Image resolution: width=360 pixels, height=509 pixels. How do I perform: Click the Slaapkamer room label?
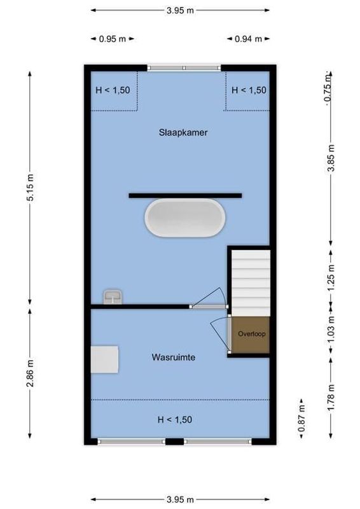click(183, 133)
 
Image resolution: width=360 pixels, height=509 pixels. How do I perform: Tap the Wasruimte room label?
click(173, 358)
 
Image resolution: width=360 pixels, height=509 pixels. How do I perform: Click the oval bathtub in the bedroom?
click(185, 218)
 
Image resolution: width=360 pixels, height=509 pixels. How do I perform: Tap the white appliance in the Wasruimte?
click(104, 360)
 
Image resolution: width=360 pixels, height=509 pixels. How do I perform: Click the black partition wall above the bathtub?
click(185, 195)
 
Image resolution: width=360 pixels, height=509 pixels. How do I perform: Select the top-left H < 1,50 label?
click(113, 90)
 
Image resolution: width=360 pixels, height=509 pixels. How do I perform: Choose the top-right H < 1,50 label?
click(249, 90)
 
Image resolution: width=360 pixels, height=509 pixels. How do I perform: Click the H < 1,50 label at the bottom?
click(175, 420)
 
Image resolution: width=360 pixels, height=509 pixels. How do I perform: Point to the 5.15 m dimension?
click(30, 187)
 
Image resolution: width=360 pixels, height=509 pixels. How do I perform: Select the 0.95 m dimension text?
click(112, 39)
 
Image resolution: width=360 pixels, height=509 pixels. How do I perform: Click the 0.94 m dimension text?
click(249, 39)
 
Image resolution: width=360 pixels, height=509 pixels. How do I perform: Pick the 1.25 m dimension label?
click(331, 279)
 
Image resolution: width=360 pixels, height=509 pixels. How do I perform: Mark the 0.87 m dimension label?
click(301, 417)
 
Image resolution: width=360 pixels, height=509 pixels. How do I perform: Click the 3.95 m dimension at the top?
click(181, 10)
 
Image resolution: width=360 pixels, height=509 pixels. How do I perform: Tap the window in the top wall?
click(184, 67)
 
